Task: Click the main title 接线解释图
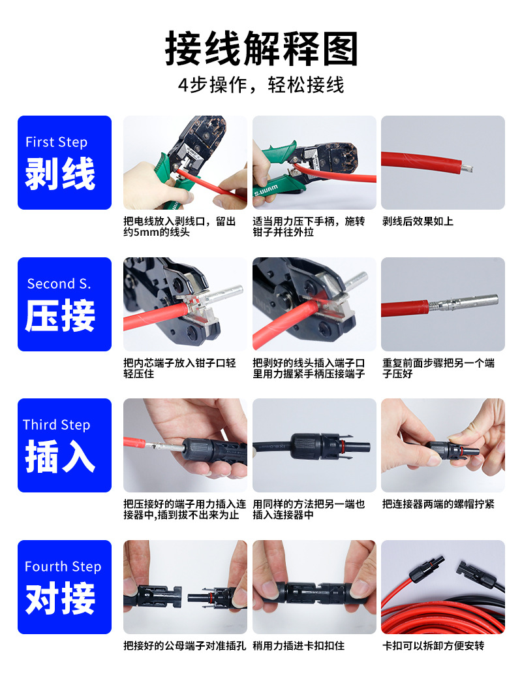(x=261, y=50)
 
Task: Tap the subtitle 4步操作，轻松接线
(x=261, y=86)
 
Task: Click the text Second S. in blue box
(x=59, y=283)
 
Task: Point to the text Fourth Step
(x=63, y=566)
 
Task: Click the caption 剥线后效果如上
(x=418, y=221)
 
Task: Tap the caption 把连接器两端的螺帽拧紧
(x=438, y=504)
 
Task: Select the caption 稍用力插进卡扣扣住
(x=298, y=645)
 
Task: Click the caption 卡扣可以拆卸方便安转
(x=433, y=645)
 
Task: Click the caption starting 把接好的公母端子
(x=185, y=645)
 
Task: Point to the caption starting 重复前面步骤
(x=438, y=368)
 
